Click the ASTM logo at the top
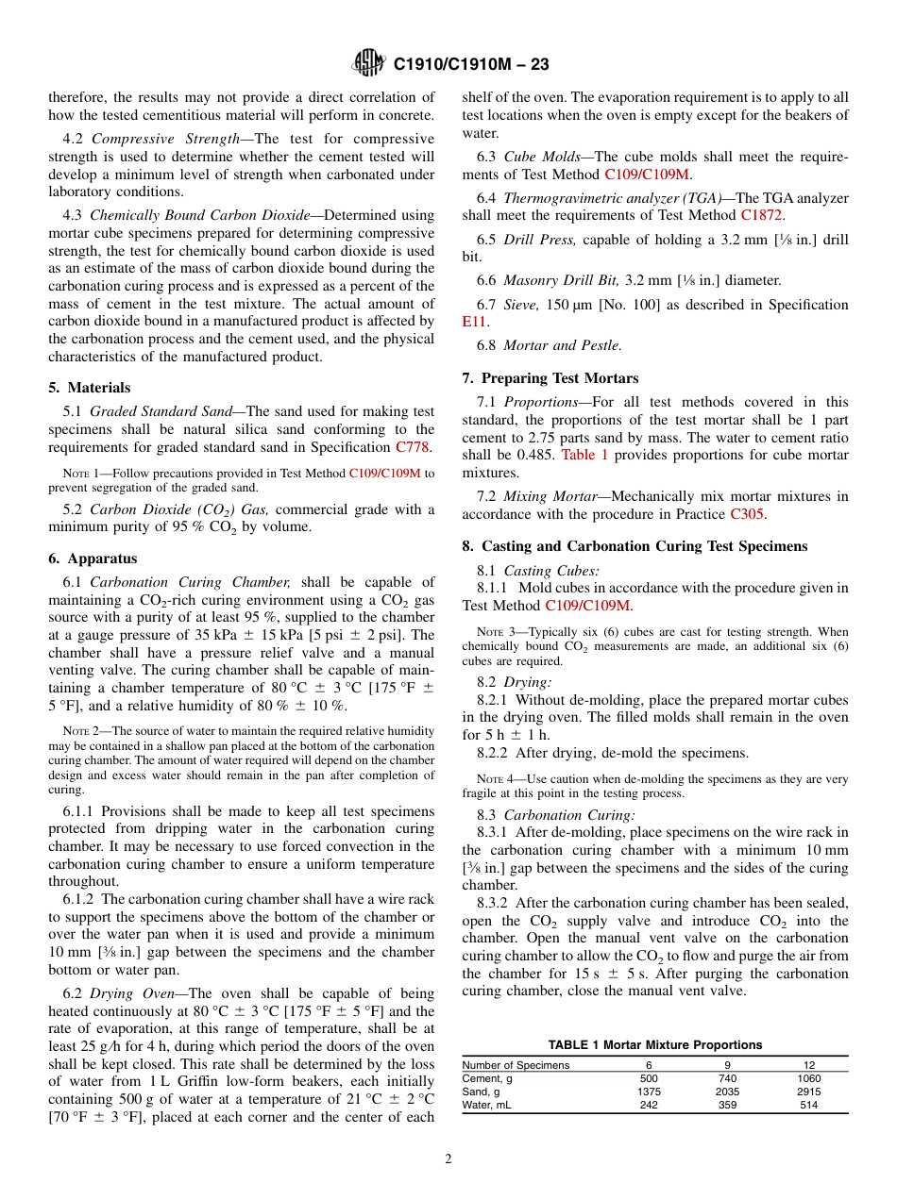click(367, 63)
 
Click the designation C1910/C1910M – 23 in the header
click(471, 64)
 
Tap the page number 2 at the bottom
click(448, 1159)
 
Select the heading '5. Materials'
click(90, 388)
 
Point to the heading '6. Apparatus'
click(93, 558)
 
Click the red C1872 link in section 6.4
click(762, 215)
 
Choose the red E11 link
click(473, 322)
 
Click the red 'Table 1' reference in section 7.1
click(584, 455)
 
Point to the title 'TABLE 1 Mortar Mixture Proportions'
click(655, 1044)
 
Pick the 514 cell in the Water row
click(809, 1105)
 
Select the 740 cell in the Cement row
click(727, 1078)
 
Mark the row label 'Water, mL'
click(486, 1105)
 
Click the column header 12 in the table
click(809, 1064)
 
